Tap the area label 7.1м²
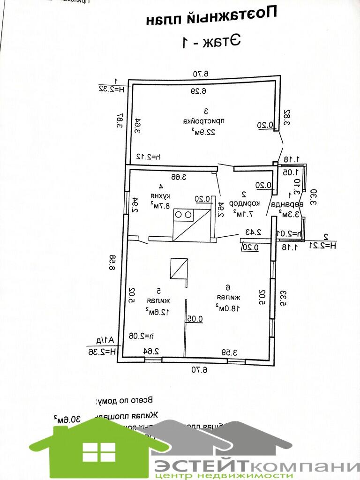[x=243, y=214]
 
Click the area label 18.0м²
[x=228, y=307]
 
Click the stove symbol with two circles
[x=183, y=214]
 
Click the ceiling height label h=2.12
[x=146, y=156]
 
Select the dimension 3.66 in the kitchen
[x=179, y=177]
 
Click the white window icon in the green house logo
[x=98, y=452]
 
